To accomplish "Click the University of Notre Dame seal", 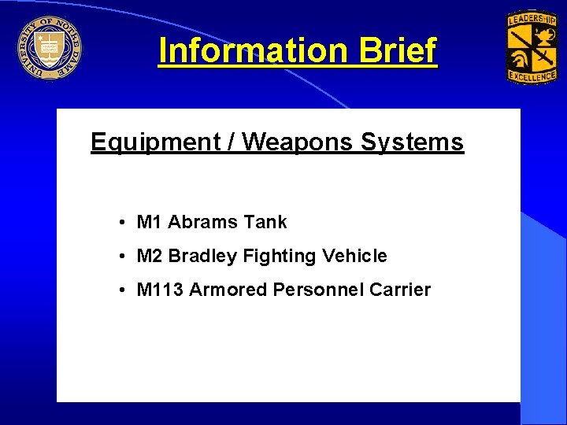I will click(x=49, y=49).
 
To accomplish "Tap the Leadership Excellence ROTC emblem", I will click(x=532, y=48).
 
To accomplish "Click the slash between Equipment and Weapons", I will click(x=232, y=142).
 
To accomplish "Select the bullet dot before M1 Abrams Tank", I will click(x=124, y=223).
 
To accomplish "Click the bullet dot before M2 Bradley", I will click(x=124, y=257).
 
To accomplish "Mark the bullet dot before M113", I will click(x=124, y=290).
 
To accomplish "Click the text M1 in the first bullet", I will click(x=150, y=223).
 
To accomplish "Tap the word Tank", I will click(x=265, y=223).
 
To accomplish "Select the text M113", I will click(x=160, y=290).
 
